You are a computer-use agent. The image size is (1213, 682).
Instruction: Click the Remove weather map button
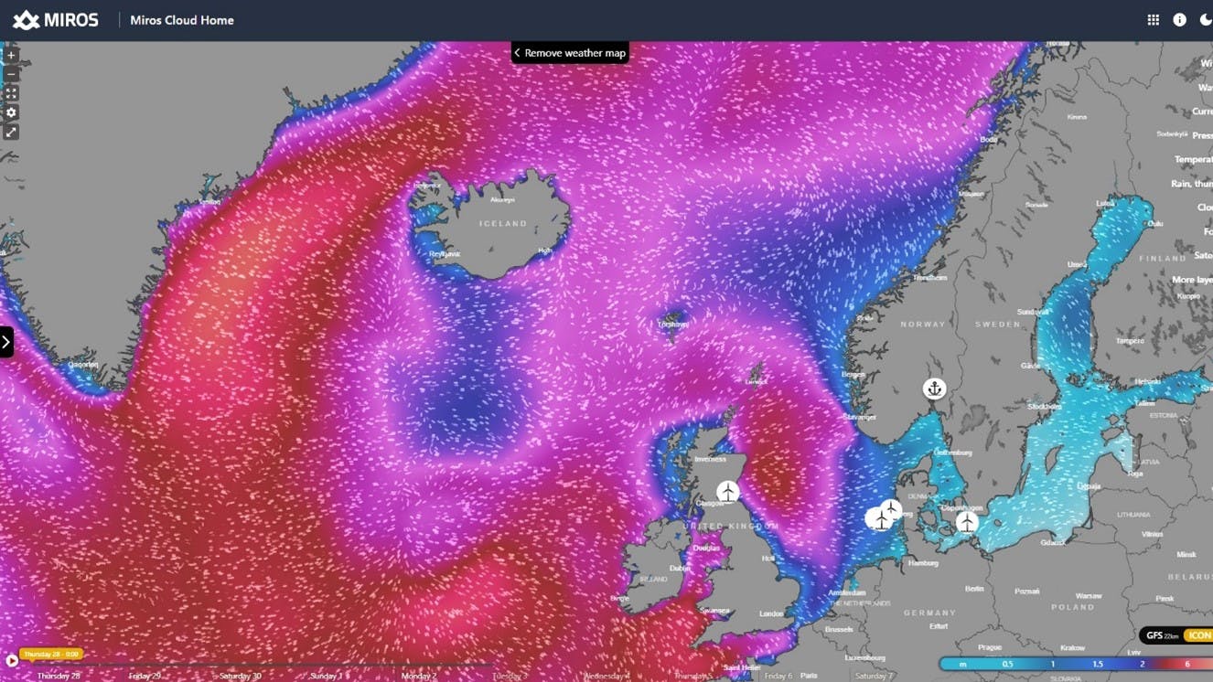pyautogui.click(x=570, y=53)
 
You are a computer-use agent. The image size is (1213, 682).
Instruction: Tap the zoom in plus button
pyautogui.click(x=11, y=55)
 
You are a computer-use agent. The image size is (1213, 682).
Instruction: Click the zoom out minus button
pyautogui.click(x=11, y=74)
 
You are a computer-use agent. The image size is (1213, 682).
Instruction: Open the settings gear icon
pyautogui.click(x=11, y=112)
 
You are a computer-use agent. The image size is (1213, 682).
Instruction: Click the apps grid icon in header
pyautogui.click(x=1154, y=20)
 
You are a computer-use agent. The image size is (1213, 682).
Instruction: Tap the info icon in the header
pyautogui.click(x=1179, y=20)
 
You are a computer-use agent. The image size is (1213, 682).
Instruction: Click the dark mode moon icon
pyautogui.click(x=1205, y=20)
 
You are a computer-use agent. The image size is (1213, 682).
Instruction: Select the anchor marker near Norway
pyautogui.click(x=934, y=389)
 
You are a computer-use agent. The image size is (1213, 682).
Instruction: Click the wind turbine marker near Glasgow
pyautogui.click(x=727, y=493)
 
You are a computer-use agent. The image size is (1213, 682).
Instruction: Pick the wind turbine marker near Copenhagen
pyautogui.click(x=967, y=522)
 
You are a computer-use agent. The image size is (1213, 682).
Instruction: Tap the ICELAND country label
pyautogui.click(x=503, y=223)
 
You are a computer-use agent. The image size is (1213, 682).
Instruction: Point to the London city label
pyautogui.click(x=770, y=613)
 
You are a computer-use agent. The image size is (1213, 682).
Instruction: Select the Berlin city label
pyautogui.click(x=974, y=589)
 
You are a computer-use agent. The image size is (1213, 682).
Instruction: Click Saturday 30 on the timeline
pyautogui.click(x=240, y=676)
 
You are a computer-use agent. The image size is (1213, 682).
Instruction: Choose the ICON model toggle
pyautogui.click(x=1198, y=635)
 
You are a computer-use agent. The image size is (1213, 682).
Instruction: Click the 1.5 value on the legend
pyautogui.click(x=1097, y=665)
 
